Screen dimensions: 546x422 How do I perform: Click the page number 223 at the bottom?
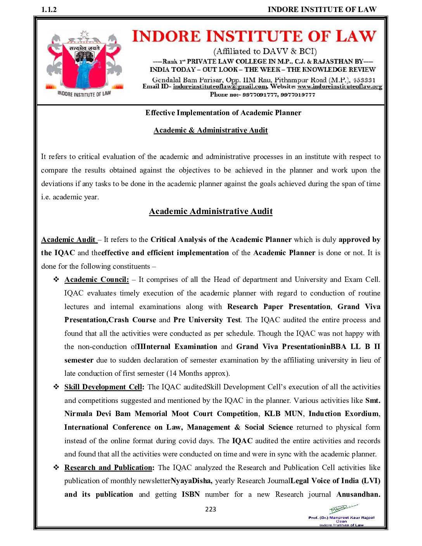[x=211, y=509]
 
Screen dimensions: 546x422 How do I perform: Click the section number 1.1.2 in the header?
[x=49, y=10]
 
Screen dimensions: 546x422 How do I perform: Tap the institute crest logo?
[x=84, y=62]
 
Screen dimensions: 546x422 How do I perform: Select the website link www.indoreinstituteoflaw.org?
[x=340, y=86]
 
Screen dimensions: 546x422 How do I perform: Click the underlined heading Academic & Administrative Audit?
[x=211, y=130]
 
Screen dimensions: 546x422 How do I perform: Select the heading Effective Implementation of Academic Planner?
[x=223, y=113]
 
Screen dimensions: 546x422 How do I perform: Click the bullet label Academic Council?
[x=97, y=280]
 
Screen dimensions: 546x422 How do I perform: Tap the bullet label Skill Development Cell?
[x=104, y=387]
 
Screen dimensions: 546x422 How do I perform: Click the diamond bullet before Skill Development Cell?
[x=56, y=387]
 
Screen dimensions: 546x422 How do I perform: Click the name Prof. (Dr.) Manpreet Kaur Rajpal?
[x=341, y=518]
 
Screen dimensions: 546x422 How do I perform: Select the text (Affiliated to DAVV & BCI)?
[x=265, y=51]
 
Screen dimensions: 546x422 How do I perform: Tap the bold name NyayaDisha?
[x=191, y=481]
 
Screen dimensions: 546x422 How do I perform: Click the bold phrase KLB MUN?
[x=284, y=414]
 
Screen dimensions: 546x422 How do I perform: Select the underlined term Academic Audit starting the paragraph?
[x=68, y=240]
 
